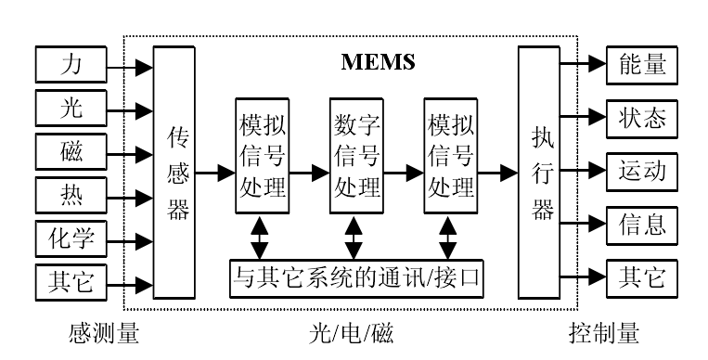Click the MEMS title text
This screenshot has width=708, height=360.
[x=377, y=62]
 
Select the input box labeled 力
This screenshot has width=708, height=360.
[x=71, y=67]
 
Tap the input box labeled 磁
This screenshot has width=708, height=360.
[x=71, y=151]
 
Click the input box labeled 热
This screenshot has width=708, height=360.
[x=71, y=194]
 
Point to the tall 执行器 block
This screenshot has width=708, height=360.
[x=542, y=173]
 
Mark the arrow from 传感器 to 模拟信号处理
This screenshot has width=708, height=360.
[x=215, y=172]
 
